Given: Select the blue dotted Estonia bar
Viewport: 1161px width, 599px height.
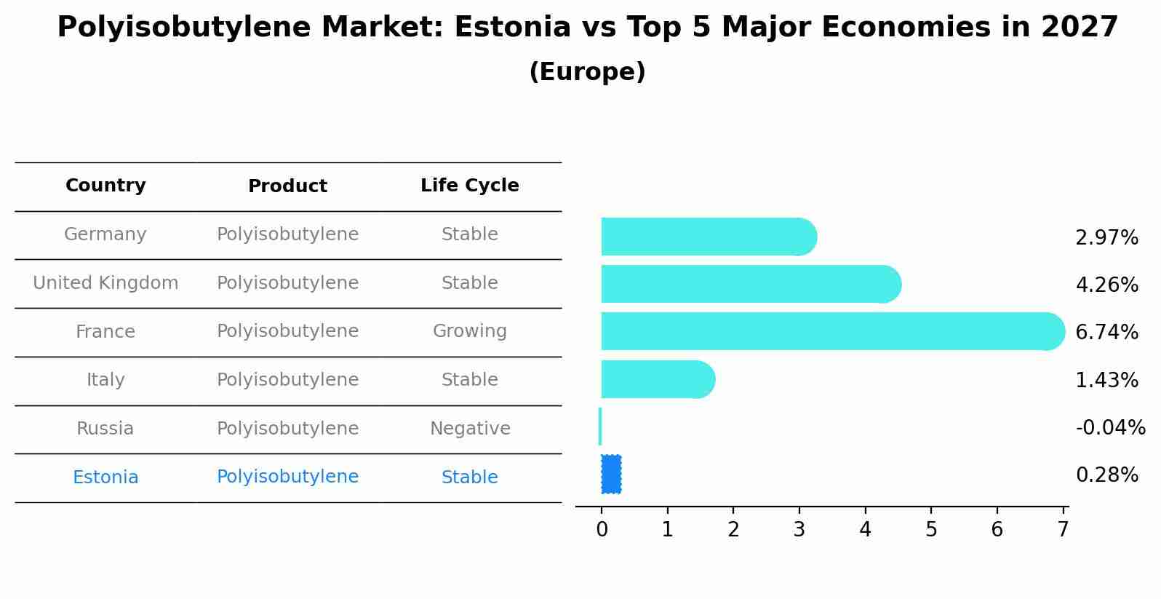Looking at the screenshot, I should point(611,474).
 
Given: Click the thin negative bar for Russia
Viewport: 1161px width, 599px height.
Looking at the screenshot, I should point(600,427).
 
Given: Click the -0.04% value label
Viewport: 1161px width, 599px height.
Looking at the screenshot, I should point(1110,427).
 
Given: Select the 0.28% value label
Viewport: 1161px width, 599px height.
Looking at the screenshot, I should point(1106,475).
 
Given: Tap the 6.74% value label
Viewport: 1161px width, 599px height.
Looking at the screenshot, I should point(1106,332).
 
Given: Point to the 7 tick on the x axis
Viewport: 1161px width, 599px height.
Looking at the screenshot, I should point(1063,529).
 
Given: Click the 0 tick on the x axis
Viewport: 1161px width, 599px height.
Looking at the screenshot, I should point(602,529).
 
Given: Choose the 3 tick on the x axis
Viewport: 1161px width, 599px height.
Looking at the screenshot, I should point(799,529).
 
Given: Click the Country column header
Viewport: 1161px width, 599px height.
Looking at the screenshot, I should point(105,186).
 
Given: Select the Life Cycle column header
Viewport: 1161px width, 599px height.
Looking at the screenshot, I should point(469,186).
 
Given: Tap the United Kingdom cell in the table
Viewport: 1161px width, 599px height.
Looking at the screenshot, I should point(105,283).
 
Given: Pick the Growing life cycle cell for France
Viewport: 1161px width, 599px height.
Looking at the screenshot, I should point(469,331).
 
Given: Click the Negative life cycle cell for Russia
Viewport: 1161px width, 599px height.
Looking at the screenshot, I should point(469,429).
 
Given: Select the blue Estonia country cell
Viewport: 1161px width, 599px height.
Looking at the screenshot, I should point(105,477).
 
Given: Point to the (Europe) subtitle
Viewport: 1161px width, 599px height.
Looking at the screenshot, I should point(587,72).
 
